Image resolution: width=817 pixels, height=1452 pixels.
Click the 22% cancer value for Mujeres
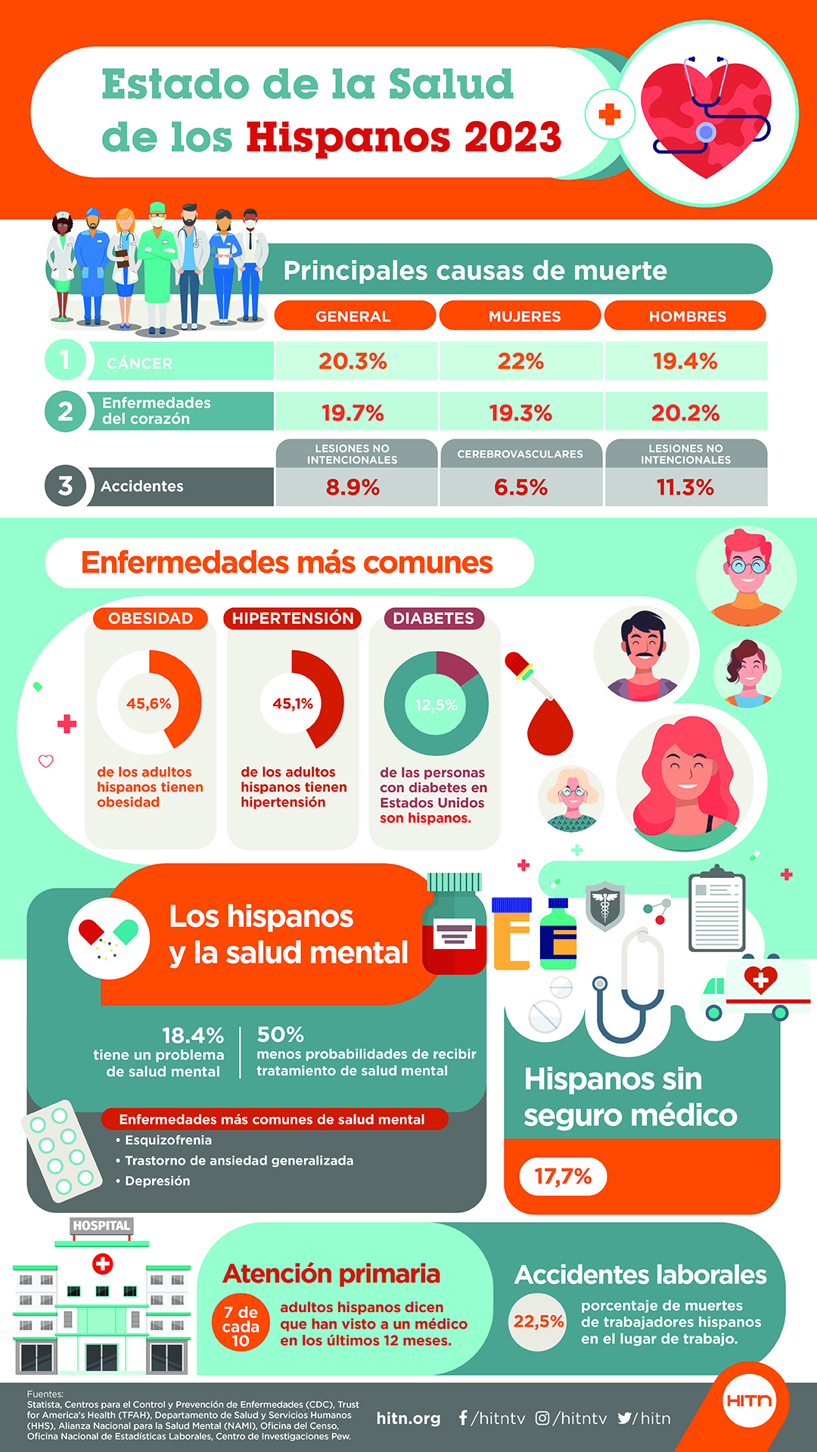tap(520, 361)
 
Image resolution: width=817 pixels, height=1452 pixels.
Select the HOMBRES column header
tap(687, 316)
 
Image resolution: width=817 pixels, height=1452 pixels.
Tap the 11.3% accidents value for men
tap(685, 487)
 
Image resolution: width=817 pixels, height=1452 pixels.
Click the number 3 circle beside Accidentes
tap(65, 486)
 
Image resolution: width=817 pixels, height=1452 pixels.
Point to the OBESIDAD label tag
tap(151, 619)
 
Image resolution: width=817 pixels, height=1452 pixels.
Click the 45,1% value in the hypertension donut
tap(293, 704)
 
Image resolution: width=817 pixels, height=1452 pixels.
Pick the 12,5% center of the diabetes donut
tap(436, 705)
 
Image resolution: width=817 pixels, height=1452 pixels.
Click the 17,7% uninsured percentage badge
tap(563, 1177)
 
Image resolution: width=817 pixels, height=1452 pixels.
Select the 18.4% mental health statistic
tap(193, 1035)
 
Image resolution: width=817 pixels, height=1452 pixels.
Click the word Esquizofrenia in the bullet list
tap(168, 1140)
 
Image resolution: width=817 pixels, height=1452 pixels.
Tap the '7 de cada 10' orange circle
tap(241, 1326)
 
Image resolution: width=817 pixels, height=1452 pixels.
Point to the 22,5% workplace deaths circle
tap(538, 1321)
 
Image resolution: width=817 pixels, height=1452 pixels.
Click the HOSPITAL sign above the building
tap(101, 1226)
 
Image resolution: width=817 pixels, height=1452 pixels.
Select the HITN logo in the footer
tap(749, 1401)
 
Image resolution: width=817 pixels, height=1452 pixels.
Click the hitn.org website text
tap(408, 1419)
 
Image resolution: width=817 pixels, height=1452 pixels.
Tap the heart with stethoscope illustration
tap(706, 115)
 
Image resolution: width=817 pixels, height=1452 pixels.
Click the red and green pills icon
tap(109, 938)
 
